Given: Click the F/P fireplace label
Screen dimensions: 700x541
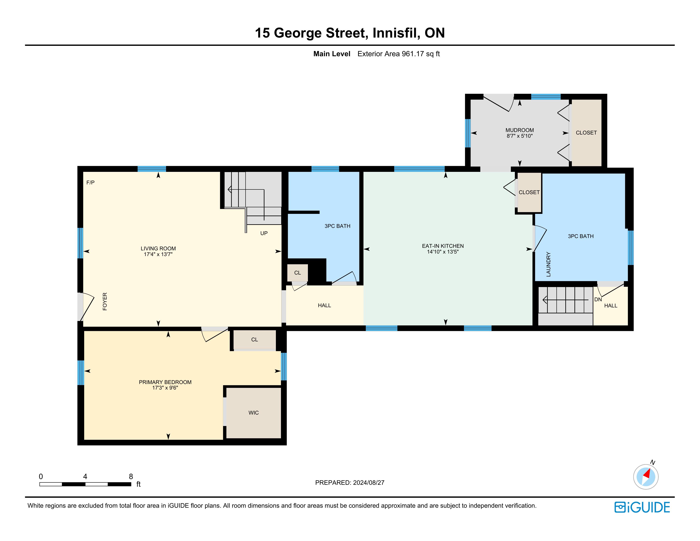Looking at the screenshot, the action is click(90, 182).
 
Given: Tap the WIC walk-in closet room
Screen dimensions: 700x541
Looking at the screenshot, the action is click(254, 412).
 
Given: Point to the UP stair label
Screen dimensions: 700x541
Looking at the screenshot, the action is click(264, 233).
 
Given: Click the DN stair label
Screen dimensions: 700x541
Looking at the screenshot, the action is click(598, 300).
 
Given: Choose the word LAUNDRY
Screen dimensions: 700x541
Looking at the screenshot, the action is click(548, 264).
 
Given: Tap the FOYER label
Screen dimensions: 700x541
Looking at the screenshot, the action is click(105, 301).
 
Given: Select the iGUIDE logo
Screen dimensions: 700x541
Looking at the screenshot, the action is click(642, 507).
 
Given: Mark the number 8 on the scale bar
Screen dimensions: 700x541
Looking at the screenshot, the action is click(131, 477).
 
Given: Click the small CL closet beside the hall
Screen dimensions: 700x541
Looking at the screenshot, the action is click(298, 273).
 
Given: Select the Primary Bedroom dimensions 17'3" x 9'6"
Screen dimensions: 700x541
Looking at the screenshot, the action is click(165, 388).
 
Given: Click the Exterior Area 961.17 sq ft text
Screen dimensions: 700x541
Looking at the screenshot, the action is click(398, 54).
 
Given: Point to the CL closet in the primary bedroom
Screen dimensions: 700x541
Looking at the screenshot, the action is click(254, 340).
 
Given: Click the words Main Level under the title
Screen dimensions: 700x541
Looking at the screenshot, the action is click(332, 54).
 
